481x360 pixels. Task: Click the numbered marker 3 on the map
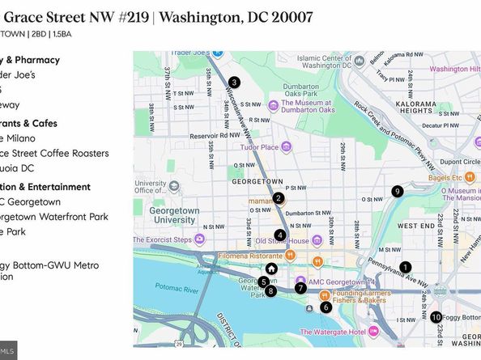tap(233, 82)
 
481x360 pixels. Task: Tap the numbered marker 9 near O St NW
tap(397, 192)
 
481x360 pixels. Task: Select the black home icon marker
tap(272, 269)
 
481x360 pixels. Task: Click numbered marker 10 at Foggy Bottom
tap(436, 317)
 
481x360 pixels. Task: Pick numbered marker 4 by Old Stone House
tap(279, 235)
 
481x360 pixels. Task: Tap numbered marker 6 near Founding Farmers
tap(326, 307)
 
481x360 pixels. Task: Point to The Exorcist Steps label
tap(185, 239)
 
